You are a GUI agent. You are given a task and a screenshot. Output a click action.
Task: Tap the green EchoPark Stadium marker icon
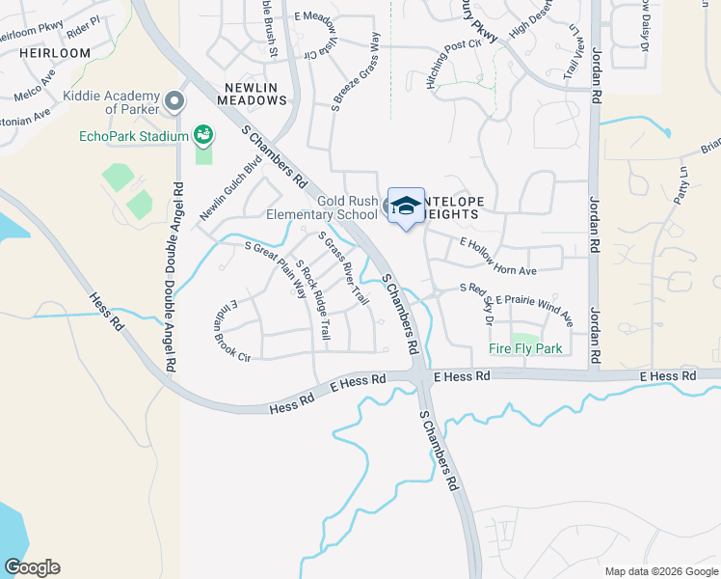203,134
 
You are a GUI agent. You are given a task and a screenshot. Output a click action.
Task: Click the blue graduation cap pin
406,205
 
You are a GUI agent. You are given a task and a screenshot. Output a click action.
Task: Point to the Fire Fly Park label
525,348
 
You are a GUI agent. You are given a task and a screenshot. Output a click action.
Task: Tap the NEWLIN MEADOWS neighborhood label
255,95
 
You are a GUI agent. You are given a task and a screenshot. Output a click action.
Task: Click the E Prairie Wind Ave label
535,310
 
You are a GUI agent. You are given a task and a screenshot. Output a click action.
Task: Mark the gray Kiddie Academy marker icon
174,100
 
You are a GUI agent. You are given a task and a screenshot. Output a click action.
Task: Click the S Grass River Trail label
344,269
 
